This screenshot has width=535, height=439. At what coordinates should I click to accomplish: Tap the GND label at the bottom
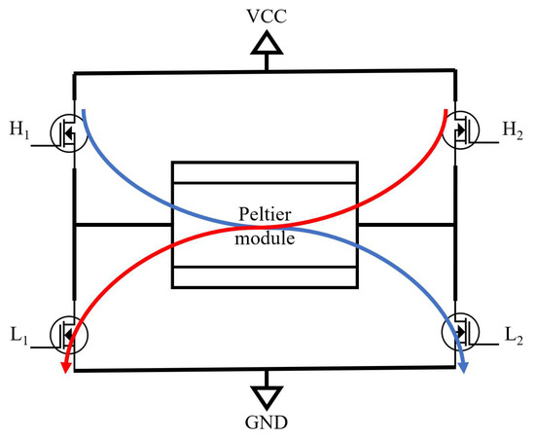pyautogui.click(x=267, y=423)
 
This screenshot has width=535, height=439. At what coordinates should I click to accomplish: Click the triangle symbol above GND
pyautogui.click(x=267, y=394)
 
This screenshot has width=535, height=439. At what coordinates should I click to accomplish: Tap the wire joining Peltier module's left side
pyautogui.click(x=123, y=226)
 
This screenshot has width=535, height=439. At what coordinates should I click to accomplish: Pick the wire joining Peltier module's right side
pyautogui.click(x=409, y=226)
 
